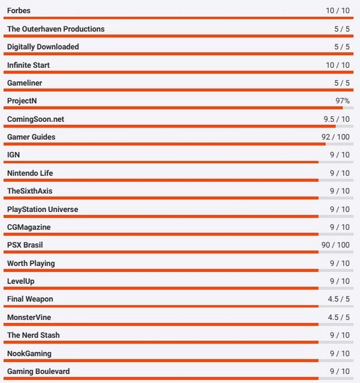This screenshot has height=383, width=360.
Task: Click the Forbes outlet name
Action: pos(19,11)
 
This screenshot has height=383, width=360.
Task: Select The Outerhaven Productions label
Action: pos(56,29)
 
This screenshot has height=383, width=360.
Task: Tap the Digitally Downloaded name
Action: pos(43,47)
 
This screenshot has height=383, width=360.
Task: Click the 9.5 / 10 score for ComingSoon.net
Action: pos(336,119)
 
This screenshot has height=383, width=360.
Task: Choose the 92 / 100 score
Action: pos(335,137)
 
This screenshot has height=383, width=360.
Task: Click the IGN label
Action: pos(13,155)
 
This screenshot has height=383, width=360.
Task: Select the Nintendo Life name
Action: pos(30,173)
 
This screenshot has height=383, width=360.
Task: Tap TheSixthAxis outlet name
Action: pos(34,191)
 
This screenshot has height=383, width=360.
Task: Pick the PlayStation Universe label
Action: pos(43,209)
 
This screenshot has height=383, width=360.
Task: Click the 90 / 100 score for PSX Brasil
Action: pos(335,245)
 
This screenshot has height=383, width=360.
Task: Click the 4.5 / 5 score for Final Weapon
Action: pos(338,299)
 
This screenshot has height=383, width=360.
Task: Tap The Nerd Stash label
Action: pos(34,335)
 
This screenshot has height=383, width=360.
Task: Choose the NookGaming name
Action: pos(29,353)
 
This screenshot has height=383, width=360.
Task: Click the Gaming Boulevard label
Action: pos(38,371)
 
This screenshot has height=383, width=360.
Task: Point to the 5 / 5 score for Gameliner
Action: pos(341,83)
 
